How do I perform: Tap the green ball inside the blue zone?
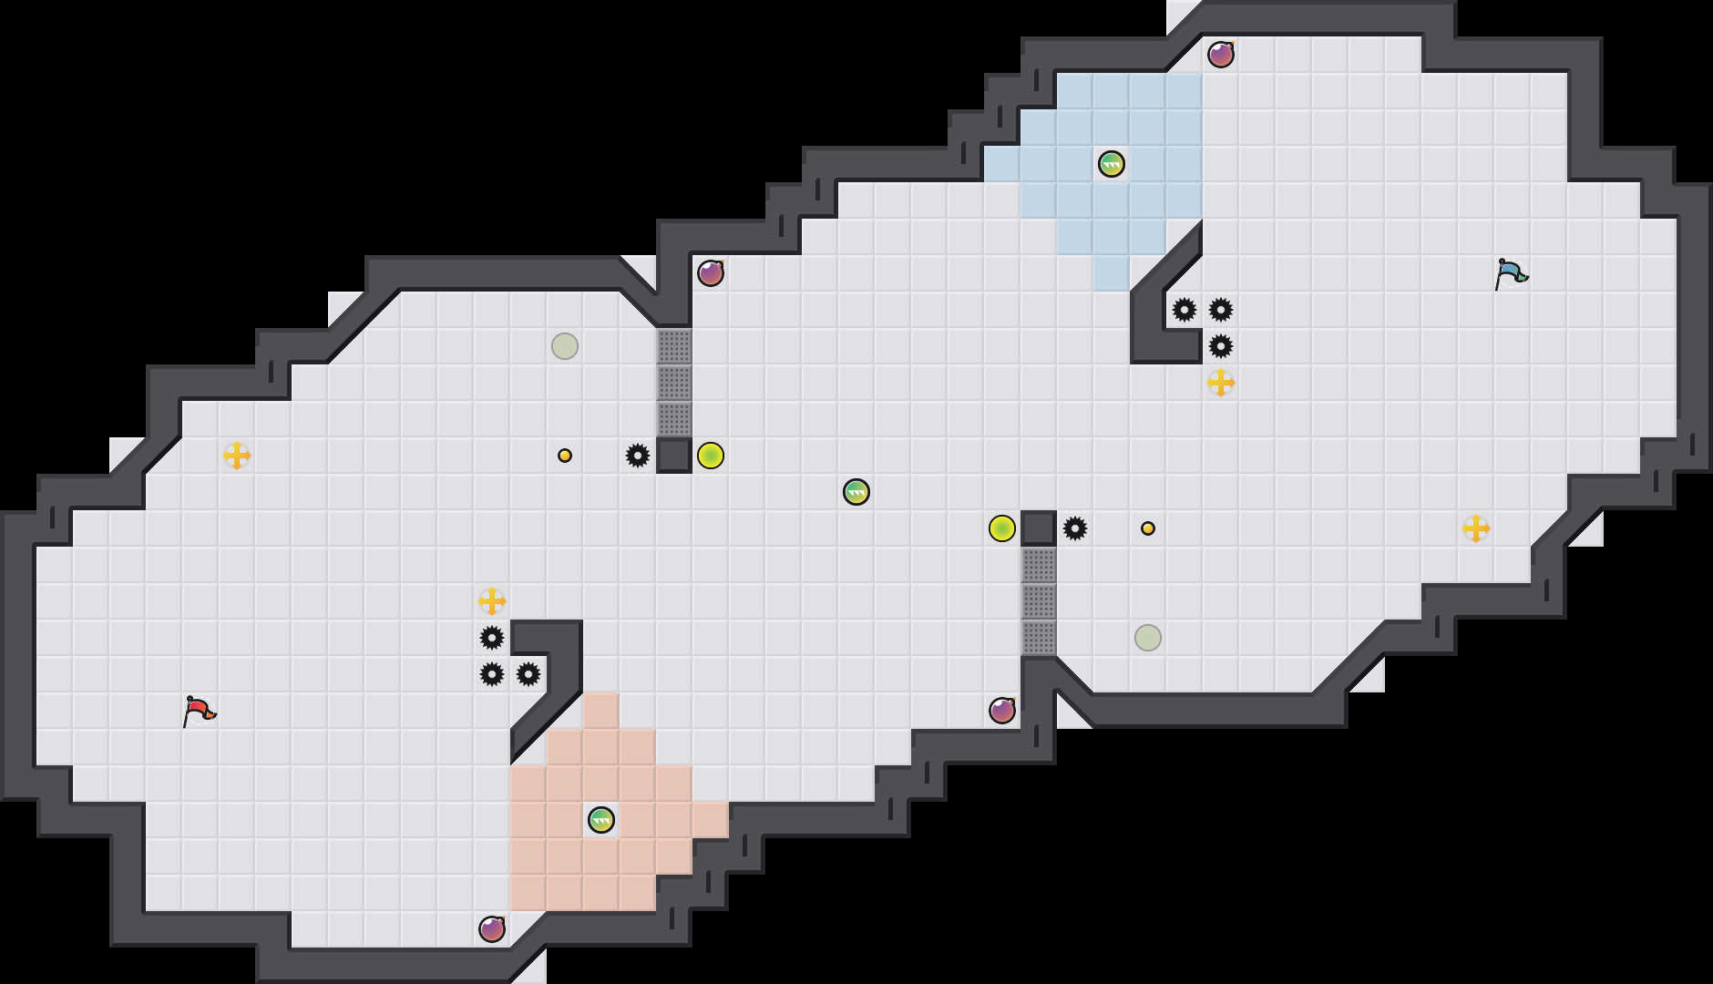pyautogui.click(x=1112, y=164)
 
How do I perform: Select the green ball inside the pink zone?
pyautogui.click(x=601, y=820)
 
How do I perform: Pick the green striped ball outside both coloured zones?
pyautogui.click(x=856, y=492)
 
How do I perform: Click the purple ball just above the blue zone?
pyautogui.click(x=1221, y=55)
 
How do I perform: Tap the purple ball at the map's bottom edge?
pyautogui.click(x=492, y=929)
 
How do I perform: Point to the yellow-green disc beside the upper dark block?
pyautogui.click(x=711, y=456)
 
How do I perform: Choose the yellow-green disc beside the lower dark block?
pyautogui.click(x=1002, y=528)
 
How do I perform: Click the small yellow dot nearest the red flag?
pyautogui.click(x=565, y=456)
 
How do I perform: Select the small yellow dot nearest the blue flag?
pyautogui.click(x=1148, y=528)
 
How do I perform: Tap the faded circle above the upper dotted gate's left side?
pyautogui.click(x=565, y=346)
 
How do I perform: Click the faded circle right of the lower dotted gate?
pyautogui.click(x=1148, y=638)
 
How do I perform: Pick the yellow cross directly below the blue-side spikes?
pyautogui.click(x=1221, y=383)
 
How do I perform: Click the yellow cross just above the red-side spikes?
pyautogui.click(x=492, y=601)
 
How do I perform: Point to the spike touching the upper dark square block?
pyautogui.click(x=638, y=456)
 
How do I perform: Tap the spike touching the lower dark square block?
pyautogui.click(x=1075, y=528)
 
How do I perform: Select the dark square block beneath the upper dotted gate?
pyautogui.click(x=674, y=456)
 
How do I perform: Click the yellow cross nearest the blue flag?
pyautogui.click(x=1476, y=528)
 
